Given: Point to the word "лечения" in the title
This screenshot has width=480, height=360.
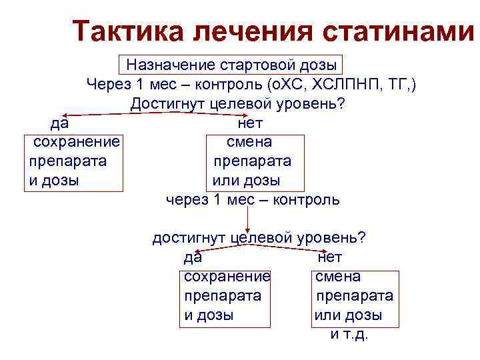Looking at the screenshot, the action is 256,31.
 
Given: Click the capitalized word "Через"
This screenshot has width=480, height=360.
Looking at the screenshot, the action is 107,85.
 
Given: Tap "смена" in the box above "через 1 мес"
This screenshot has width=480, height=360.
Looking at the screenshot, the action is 249,142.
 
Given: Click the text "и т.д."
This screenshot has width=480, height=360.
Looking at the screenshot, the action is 349,334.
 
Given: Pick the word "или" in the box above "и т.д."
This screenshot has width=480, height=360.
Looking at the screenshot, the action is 328,315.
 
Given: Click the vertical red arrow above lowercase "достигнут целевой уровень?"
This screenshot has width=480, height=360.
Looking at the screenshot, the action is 248,217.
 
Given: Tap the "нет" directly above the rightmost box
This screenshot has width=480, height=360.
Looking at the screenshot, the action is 330,257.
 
